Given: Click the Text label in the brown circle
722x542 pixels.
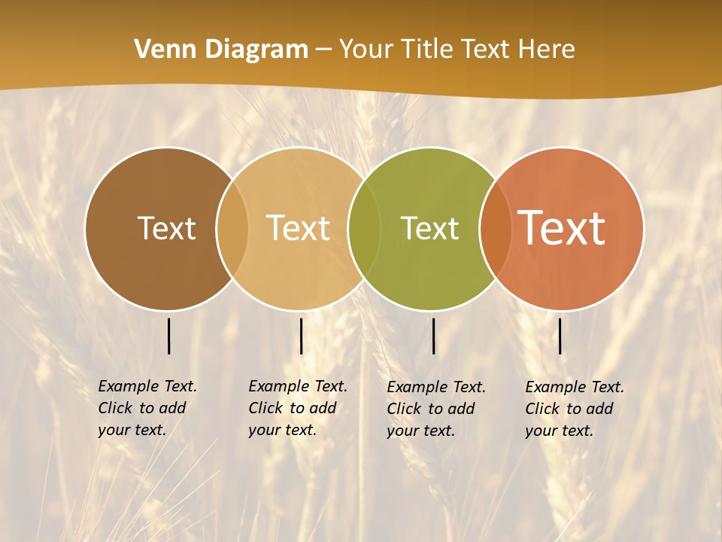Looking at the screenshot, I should pos(166,228).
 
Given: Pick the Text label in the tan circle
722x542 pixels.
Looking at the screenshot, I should pos(299,228).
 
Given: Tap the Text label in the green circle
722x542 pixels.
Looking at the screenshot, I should pos(429,228).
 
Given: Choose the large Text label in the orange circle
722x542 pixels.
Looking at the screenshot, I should pos(562,228).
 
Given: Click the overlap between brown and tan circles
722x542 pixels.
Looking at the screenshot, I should pos(232,228).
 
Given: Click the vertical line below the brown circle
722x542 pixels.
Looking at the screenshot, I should pos(168,336).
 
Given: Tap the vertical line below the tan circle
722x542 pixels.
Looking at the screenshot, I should pos(301,336).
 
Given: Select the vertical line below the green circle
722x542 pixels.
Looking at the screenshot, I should pos(433,336).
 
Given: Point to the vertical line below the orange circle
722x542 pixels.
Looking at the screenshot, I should pos(560,336).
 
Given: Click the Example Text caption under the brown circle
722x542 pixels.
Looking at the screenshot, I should pos(147,408).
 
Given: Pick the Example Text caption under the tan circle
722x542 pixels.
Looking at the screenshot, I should pos(297,408).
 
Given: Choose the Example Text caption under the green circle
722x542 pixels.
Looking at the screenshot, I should pos(435,409).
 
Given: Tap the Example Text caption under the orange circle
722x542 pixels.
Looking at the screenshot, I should pos(574,409).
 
